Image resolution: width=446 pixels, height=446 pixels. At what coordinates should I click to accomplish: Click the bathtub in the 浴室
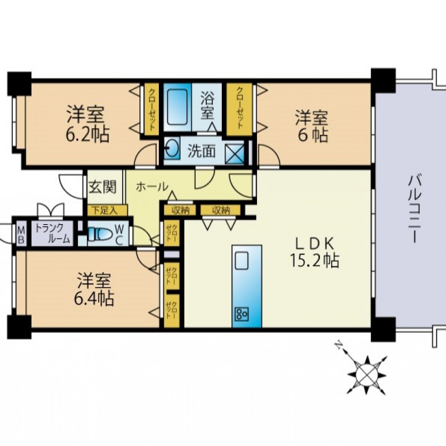[x=177, y=107]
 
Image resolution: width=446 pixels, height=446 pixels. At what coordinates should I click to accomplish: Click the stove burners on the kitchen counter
[x=241, y=314]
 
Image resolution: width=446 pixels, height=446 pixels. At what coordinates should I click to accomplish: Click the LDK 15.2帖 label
[x=314, y=252]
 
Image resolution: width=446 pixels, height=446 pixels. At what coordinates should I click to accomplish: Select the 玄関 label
[x=103, y=187]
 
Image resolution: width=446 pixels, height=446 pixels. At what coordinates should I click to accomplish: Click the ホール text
[x=152, y=187]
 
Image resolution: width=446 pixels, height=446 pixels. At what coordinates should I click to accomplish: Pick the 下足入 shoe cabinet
[x=105, y=211]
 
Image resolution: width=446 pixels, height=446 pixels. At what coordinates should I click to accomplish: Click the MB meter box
[x=21, y=234]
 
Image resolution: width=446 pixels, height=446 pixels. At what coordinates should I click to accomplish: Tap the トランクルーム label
[x=52, y=234]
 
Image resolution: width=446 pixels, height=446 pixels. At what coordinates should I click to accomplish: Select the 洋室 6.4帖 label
[x=94, y=289]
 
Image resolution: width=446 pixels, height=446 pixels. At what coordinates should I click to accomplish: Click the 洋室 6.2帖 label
[x=88, y=124]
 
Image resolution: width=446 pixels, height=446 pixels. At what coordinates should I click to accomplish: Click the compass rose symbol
[x=366, y=375]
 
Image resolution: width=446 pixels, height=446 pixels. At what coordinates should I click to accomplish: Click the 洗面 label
[x=201, y=151]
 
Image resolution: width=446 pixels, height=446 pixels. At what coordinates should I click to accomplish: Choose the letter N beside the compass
[x=338, y=345]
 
